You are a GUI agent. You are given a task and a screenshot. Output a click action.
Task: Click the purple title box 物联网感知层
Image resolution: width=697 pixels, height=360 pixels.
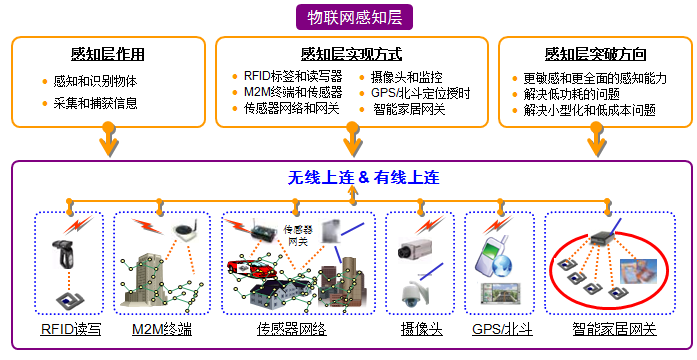click(x=354, y=17)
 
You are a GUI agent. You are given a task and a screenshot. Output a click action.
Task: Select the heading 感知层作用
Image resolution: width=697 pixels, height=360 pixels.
click(x=108, y=54)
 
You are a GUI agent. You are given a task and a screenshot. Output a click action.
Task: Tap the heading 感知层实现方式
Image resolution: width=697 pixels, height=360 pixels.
click(x=351, y=54)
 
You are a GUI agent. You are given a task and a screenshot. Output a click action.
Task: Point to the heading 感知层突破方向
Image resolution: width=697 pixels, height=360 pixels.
click(x=595, y=54)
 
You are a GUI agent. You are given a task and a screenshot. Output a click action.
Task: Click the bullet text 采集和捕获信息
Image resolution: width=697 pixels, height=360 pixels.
click(x=96, y=103)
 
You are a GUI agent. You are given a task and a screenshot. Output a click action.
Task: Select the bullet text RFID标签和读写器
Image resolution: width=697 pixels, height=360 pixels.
click(x=293, y=76)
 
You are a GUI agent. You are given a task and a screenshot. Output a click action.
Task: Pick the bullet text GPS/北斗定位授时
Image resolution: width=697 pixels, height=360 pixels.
click(x=421, y=93)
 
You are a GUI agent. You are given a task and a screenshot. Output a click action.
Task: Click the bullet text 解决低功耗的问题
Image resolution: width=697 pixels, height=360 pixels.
click(x=572, y=94)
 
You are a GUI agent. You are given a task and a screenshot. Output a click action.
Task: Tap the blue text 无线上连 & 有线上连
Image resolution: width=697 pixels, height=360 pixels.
click(x=363, y=178)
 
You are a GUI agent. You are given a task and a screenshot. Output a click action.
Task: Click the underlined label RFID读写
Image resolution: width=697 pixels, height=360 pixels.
click(x=71, y=329)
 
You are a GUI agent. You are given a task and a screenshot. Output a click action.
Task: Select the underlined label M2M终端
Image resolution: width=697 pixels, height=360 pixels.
click(x=162, y=329)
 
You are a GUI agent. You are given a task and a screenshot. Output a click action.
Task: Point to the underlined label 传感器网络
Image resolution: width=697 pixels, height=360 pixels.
click(x=292, y=329)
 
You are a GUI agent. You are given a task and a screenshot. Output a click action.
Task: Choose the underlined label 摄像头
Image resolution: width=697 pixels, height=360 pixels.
click(x=421, y=329)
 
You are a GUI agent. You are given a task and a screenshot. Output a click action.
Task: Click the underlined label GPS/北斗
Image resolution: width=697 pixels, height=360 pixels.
click(x=502, y=329)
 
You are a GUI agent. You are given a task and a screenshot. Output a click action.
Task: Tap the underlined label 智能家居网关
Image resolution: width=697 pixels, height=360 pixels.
click(x=614, y=329)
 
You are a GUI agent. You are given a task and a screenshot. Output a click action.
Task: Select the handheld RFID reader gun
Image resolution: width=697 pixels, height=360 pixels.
click(x=63, y=253)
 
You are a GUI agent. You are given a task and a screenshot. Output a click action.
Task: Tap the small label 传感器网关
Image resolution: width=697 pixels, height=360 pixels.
click(x=298, y=236)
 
